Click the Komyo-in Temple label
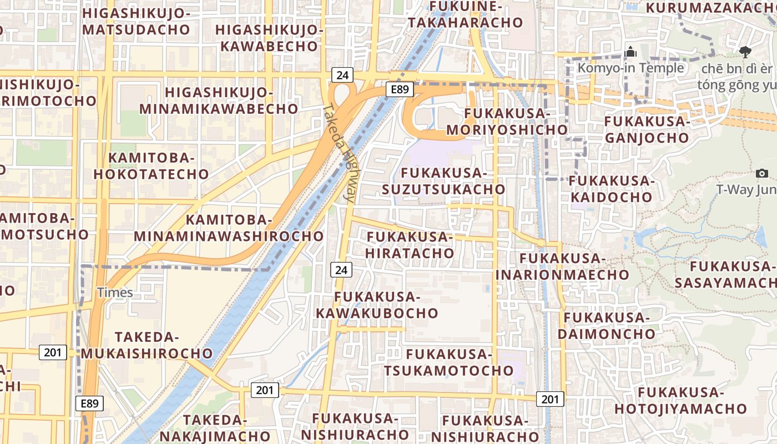631,68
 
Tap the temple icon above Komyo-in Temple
630,53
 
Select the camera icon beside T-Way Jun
762,174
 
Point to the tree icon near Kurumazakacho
745,52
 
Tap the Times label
115,292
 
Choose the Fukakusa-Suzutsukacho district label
443,181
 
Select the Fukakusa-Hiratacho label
410,245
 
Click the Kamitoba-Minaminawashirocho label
229,228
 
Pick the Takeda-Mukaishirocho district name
147,345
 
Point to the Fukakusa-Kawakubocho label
377,305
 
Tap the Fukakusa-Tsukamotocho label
449,362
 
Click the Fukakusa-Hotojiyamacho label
681,401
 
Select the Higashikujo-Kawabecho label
270,38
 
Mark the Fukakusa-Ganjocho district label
647,129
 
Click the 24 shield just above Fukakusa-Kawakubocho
341,270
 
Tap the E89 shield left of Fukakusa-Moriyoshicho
400,89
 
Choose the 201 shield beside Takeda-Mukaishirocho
53,352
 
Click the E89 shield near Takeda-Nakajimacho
89,403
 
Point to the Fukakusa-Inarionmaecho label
562,266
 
